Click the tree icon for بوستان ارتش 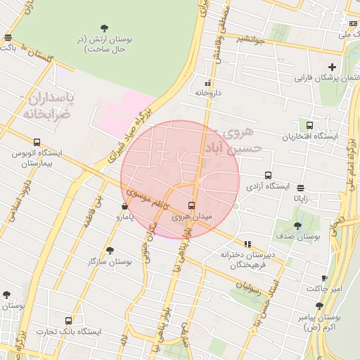point(105,28)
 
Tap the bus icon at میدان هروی point(191,205)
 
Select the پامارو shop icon point(124,207)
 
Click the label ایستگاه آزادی point(268,186)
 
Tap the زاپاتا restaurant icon point(302,188)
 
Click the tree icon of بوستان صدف point(297,226)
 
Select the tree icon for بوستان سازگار point(109,250)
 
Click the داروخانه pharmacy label point(208,92)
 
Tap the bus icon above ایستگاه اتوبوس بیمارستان point(37,142)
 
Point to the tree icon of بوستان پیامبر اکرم point(320,306)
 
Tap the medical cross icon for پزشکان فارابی point(332,66)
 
